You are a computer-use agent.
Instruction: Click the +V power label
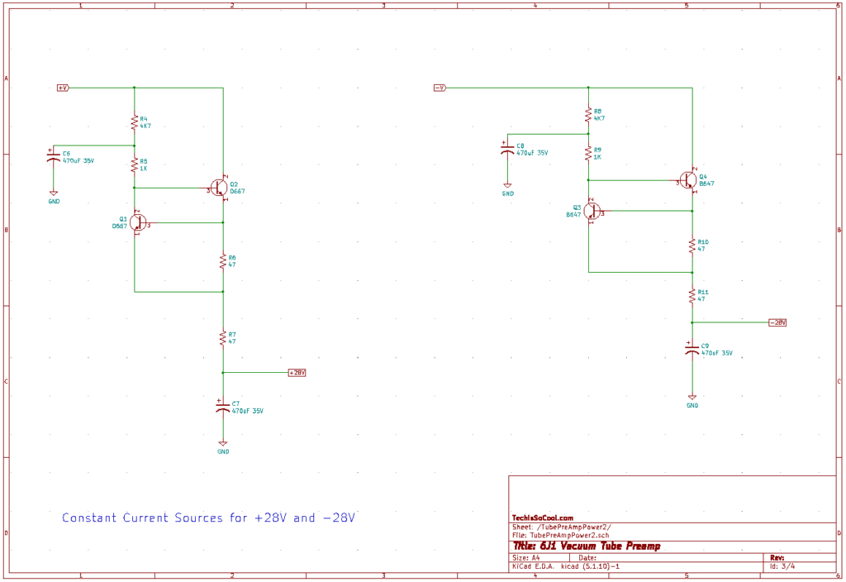pos(63,87)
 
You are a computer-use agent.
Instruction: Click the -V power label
pos(440,87)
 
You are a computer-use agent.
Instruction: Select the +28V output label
pos(297,373)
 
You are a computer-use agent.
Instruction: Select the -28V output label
pos(777,322)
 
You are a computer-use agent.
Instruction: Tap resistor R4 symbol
pos(134,122)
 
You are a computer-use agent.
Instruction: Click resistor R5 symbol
pos(134,165)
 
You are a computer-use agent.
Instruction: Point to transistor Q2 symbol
pos(219,188)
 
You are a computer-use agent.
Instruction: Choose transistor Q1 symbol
pos(138,222)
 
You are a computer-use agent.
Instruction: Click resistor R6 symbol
pos(223,261)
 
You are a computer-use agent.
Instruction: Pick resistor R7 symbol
pos(223,337)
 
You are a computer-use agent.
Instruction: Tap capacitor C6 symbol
pos(54,157)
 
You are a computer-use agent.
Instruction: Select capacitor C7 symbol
pos(222,408)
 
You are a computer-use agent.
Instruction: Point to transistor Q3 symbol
pos(592,212)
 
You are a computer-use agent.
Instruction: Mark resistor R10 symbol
pos(692,245)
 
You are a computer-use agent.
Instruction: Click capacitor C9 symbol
pos(692,349)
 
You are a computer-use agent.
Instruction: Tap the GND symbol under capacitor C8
pos(507,187)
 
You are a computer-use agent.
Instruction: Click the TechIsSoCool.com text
pos(543,518)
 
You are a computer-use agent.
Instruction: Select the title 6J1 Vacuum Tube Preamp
pos(587,546)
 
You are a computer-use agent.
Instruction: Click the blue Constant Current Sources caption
pos(208,518)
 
